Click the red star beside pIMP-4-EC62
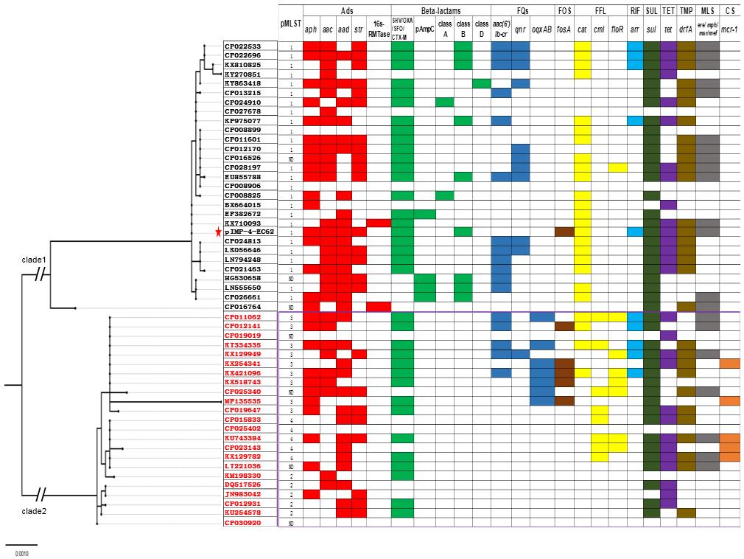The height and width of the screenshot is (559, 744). click(218, 232)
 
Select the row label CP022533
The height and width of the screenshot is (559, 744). click(250, 46)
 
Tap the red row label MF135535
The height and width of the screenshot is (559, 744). click(250, 400)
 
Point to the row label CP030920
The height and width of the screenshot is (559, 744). click(250, 522)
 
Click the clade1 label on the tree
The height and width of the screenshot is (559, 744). click(34, 260)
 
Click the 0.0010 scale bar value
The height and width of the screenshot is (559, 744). click(21, 551)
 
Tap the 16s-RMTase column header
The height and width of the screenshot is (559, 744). click(378, 28)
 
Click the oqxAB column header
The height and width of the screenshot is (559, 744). click(541, 32)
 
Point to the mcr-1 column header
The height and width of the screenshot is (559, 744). click(729, 32)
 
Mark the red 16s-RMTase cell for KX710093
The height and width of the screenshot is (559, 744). click(378, 223)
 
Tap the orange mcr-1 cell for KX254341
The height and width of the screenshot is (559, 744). click(729, 363)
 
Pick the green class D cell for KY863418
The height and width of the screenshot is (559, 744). click(481, 83)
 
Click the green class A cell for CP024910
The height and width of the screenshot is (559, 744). click(444, 102)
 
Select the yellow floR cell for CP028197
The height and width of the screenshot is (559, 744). click(618, 167)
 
